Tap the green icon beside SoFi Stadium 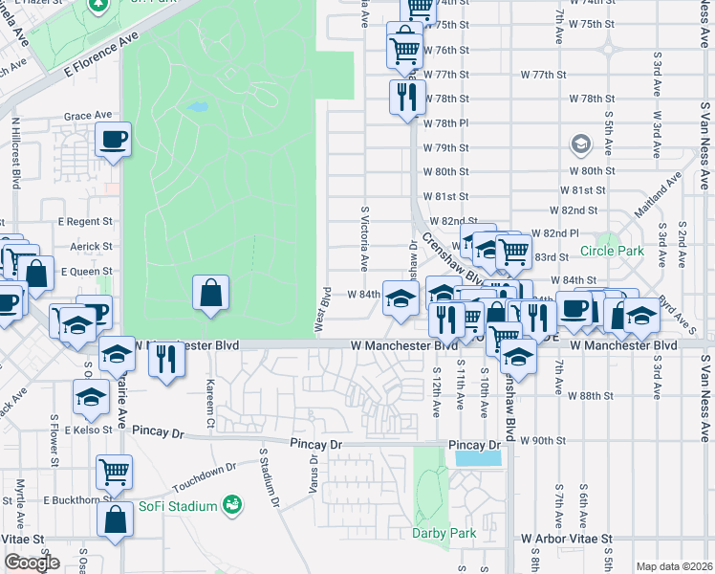230,504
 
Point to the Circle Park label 612,253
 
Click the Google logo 32,563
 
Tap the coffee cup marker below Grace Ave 114,140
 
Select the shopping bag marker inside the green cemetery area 210,293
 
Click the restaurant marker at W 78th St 407,95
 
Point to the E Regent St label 85,221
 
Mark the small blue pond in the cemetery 199,107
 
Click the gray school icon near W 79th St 580,145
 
